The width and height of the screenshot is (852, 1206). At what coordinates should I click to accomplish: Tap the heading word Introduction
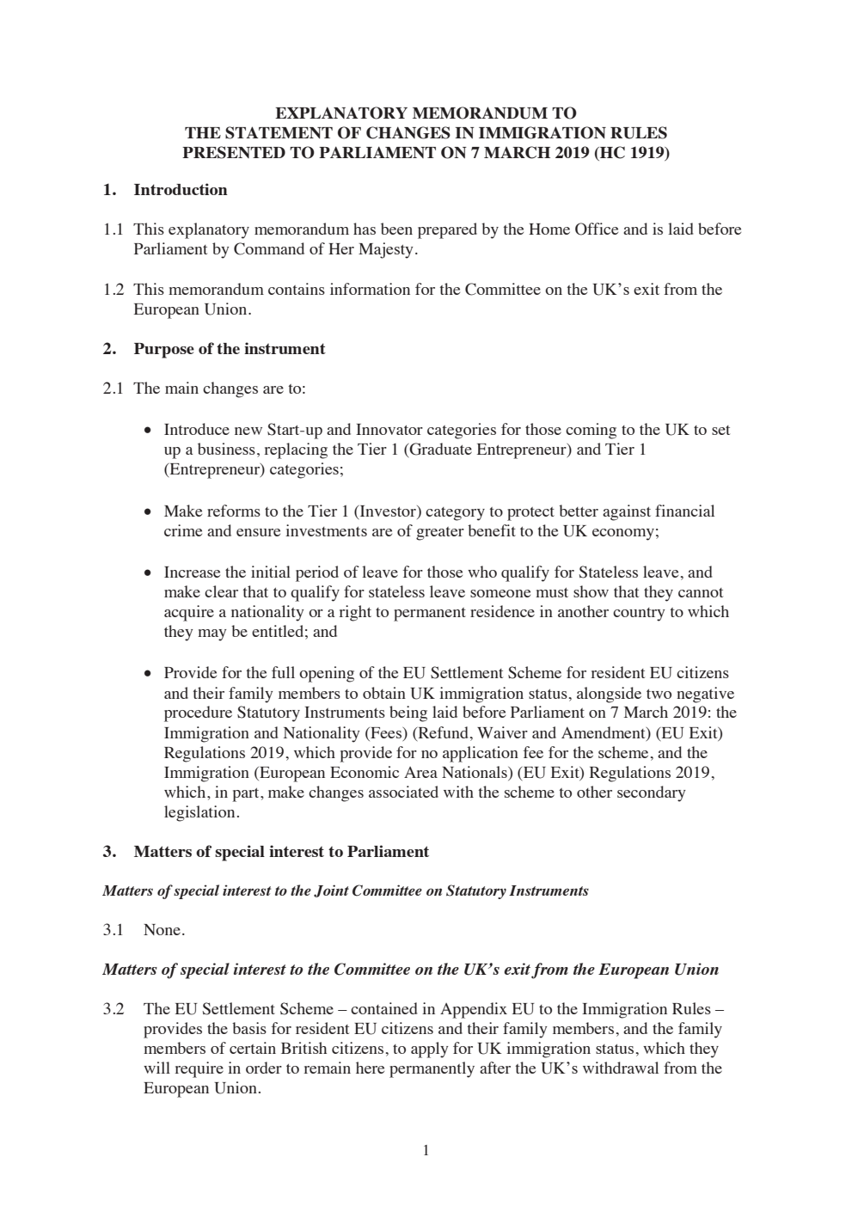[181, 190]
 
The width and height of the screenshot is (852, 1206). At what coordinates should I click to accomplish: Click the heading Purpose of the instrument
[230, 349]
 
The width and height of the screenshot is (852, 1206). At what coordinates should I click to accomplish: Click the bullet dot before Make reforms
[148, 512]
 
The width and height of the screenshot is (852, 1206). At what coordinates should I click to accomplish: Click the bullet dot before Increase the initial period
[148, 573]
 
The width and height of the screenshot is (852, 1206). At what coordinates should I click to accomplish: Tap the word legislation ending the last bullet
[200, 812]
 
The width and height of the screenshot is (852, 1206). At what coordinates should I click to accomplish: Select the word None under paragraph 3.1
[163, 930]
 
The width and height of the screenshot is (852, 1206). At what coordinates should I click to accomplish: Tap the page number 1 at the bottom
[426, 1151]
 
